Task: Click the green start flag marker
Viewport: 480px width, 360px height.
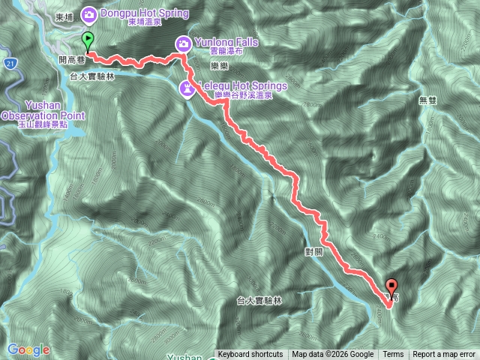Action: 88,41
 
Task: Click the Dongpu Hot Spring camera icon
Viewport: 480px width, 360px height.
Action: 88,13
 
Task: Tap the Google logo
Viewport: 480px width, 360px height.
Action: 28,349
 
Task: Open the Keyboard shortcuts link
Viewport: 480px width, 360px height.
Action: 250,355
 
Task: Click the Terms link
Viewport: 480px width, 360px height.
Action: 393,355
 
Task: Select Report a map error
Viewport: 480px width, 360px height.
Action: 445,355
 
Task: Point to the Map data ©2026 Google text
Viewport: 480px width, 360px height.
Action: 333,355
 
